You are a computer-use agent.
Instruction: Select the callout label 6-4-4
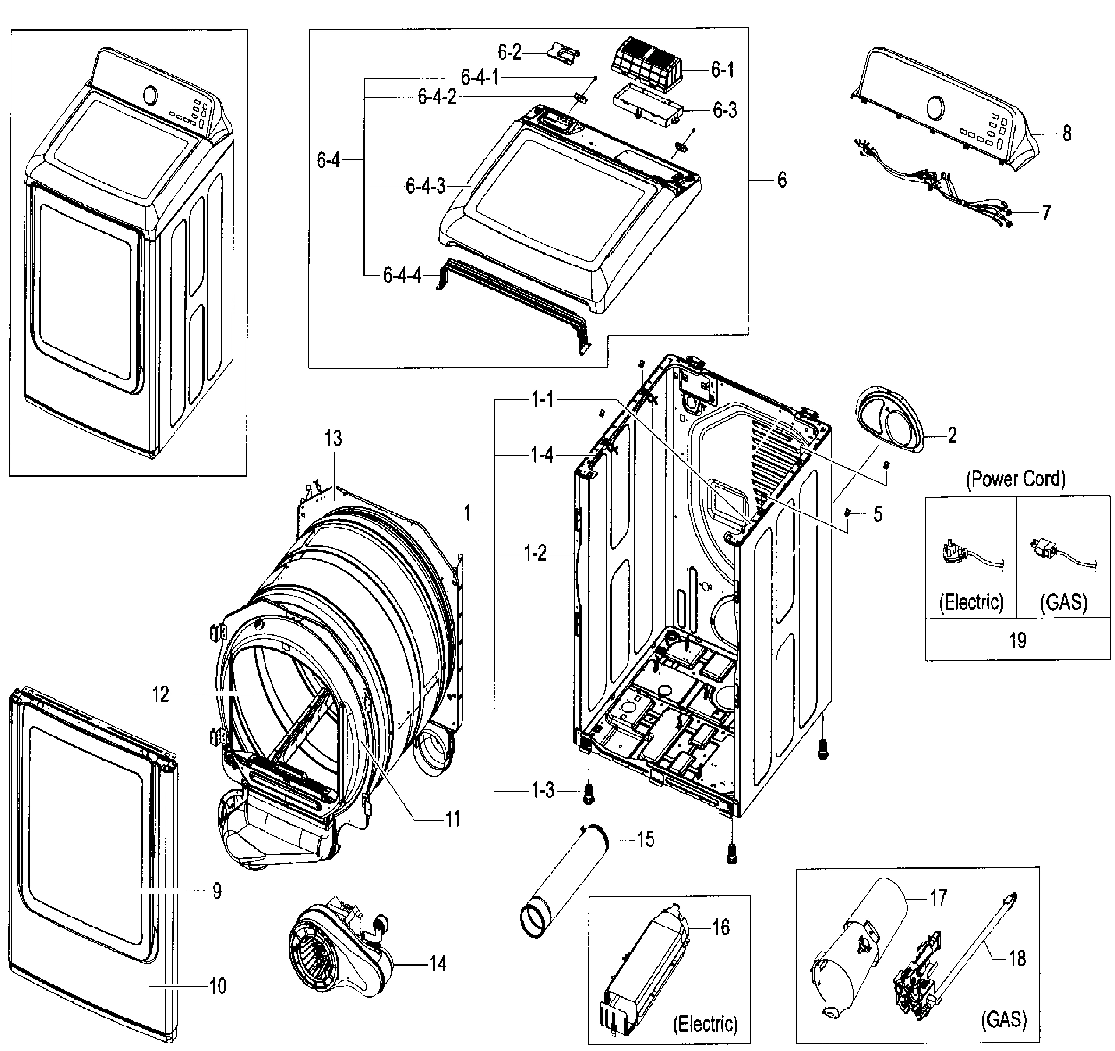click(x=402, y=275)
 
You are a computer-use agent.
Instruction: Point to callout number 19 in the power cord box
click(x=1017, y=640)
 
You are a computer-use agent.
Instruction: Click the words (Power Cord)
click(x=1015, y=479)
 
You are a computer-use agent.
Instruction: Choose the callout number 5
click(x=878, y=513)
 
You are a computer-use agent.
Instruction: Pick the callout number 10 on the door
click(x=218, y=985)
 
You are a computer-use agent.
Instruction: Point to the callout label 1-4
click(x=542, y=455)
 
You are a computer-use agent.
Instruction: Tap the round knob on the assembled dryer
click(x=150, y=95)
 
